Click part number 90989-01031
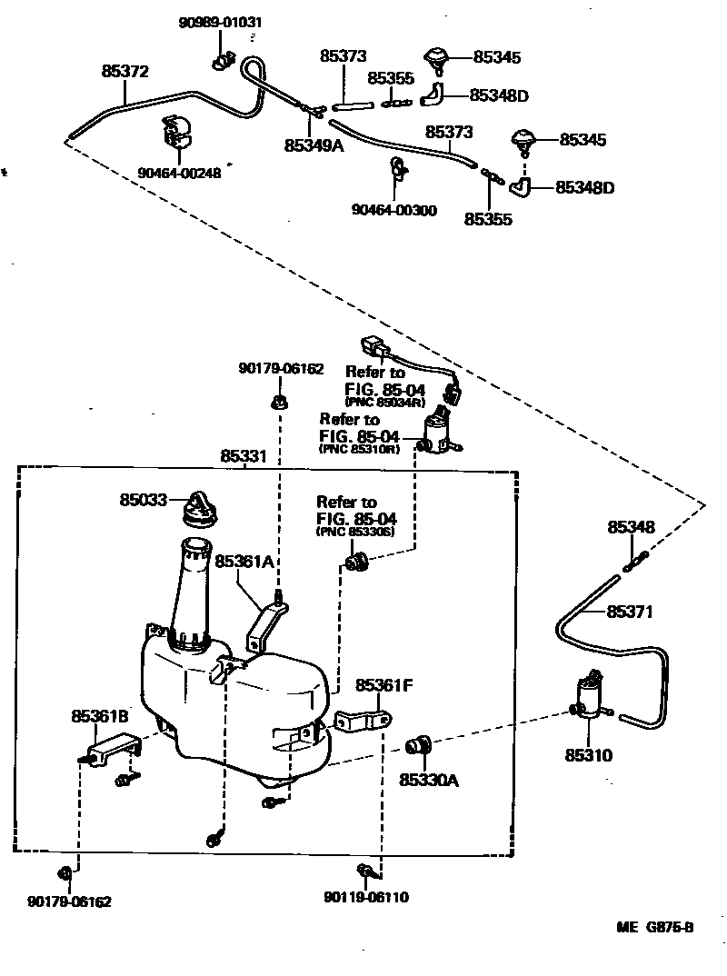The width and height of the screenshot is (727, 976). click(217, 21)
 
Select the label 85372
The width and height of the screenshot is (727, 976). click(124, 71)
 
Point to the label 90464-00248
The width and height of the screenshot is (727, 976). click(179, 174)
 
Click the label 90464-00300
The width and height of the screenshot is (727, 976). click(393, 211)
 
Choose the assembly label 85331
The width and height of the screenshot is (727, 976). click(244, 456)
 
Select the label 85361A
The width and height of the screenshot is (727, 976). click(244, 562)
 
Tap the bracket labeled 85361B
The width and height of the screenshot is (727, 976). click(113, 742)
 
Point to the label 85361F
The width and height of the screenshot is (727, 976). click(384, 684)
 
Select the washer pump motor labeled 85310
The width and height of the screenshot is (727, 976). click(588, 698)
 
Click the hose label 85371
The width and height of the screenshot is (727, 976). click(630, 612)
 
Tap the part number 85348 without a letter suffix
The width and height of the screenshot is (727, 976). click(631, 527)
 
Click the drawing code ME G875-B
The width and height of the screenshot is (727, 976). click(654, 928)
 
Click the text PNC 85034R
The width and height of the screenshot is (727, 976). click(374, 403)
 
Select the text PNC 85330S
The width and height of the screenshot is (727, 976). click(354, 531)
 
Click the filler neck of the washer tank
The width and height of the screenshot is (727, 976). click(192, 586)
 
